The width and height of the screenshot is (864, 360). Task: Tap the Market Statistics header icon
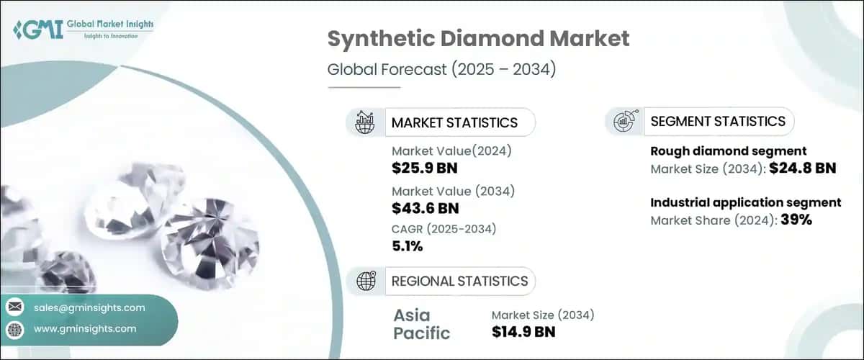[x=365, y=122]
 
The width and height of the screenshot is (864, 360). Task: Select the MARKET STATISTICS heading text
[x=454, y=122]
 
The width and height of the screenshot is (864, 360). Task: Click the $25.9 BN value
[x=425, y=168]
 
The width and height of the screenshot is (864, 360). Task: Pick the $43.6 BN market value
[x=425, y=208]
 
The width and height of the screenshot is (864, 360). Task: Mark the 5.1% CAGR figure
[x=408, y=247]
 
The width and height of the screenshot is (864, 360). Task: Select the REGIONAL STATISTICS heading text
[x=459, y=281]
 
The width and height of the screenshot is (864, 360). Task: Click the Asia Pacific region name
[x=422, y=324]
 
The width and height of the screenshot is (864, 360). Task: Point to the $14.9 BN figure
[x=523, y=331]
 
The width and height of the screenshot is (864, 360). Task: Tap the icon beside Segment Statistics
[x=624, y=121]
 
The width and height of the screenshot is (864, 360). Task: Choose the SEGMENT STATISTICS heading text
[x=718, y=121]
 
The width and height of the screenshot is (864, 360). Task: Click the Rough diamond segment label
[x=728, y=151]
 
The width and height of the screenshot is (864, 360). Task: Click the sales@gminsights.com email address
[x=89, y=307]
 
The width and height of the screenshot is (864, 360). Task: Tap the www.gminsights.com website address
[x=85, y=329]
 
